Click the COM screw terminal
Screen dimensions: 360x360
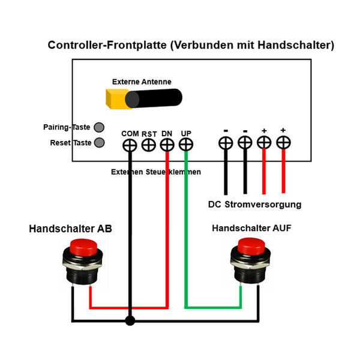pyautogui.click(x=130, y=145)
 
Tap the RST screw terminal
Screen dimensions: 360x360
pyautogui.click(x=149, y=145)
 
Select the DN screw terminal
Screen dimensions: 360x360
pyautogui.click(x=167, y=145)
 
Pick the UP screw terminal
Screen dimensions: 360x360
pyautogui.click(x=187, y=145)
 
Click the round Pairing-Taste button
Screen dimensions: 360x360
pyautogui.click(x=99, y=127)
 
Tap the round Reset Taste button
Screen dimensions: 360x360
pyautogui.click(x=99, y=143)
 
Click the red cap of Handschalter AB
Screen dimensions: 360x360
pyautogui.click(x=84, y=248)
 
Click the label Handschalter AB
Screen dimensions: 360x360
pyautogui.click(x=70, y=229)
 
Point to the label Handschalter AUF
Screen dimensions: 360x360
pyautogui.click(x=252, y=229)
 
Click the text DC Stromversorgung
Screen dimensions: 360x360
pyautogui.click(x=254, y=205)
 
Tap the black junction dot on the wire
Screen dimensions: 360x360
pyautogui.click(x=130, y=321)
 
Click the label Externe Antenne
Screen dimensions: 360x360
pyautogui.click(x=142, y=82)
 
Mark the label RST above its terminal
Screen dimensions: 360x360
pyautogui.click(x=149, y=134)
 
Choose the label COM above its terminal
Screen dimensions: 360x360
pyautogui.click(x=130, y=133)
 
